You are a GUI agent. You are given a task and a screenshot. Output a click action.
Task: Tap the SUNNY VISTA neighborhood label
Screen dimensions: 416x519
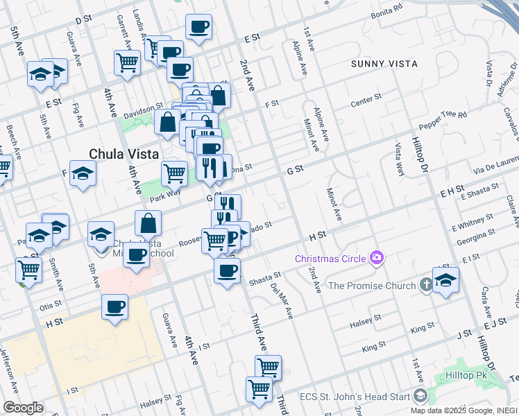coord(384,64)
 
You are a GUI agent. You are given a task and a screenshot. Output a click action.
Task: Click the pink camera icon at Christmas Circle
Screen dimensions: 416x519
coord(377,258)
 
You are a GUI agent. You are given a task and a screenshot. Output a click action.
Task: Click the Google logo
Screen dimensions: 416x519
coord(23,408)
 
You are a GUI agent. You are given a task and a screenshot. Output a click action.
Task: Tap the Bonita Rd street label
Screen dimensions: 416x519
coord(387,12)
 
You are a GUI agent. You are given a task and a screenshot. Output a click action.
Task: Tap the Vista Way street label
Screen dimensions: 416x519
coord(399,159)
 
